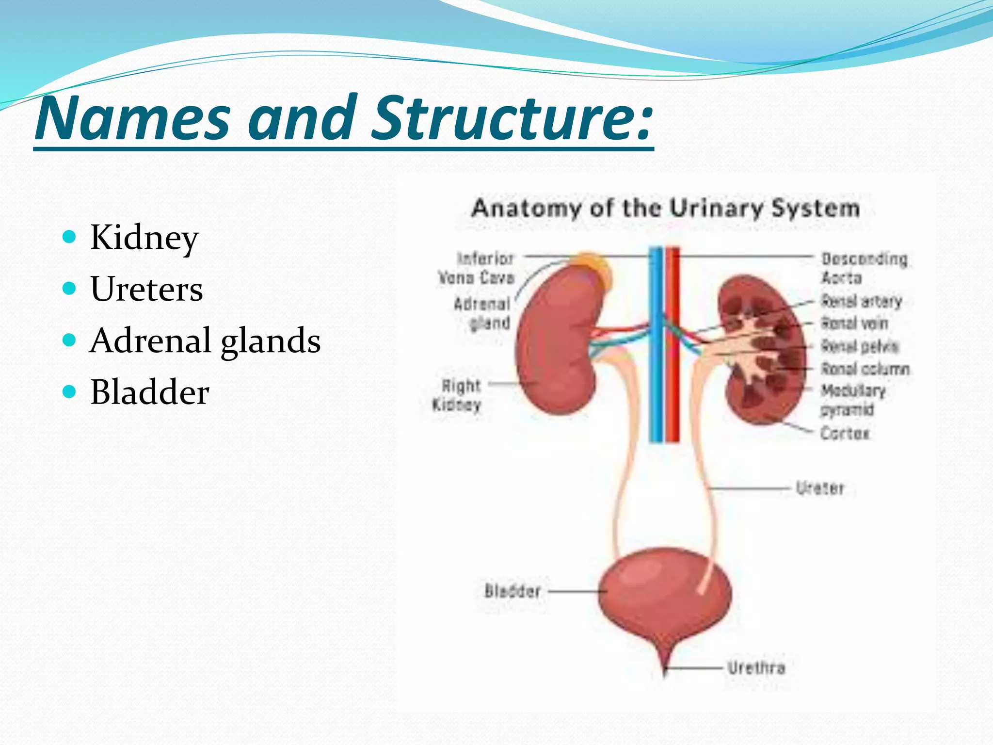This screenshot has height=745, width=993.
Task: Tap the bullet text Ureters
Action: pyautogui.click(x=146, y=289)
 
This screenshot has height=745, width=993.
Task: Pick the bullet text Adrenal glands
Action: pyautogui.click(x=205, y=340)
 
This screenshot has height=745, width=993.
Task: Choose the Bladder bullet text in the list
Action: pyautogui.click(x=150, y=392)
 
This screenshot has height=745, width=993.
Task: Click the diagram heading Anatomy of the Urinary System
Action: pyautogui.click(x=665, y=209)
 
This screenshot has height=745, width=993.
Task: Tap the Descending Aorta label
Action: pyautogui.click(x=864, y=268)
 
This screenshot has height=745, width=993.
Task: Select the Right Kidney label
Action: pyautogui.click(x=457, y=395)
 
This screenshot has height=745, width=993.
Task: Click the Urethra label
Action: pyautogui.click(x=756, y=668)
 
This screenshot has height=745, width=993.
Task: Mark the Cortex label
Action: pyautogui.click(x=845, y=433)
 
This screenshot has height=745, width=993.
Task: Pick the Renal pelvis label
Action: pyautogui.click(x=860, y=346)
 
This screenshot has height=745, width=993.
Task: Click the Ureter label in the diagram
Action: pyautogui.click(x=820, y=488)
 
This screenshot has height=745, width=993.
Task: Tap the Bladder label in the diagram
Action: pyautogui.click(x=513, y=591)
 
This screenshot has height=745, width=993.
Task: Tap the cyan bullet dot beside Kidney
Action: pyautogui.click(x=70, y=237)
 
